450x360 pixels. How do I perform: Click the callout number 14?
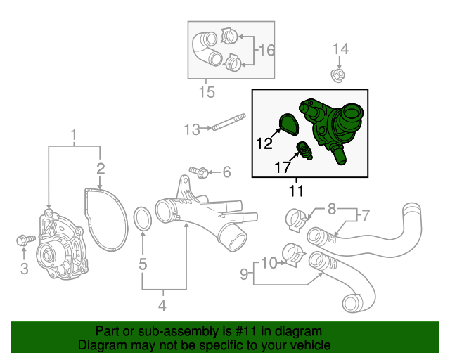click(x=340, y=49)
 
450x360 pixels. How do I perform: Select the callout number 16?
click(x=266, y=51)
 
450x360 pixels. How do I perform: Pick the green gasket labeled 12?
click(x=286, y=123)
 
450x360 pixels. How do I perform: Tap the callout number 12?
click(x=264, y=144)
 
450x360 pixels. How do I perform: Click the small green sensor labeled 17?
click(x=304, y=148)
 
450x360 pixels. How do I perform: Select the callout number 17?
click(x=281, y=168)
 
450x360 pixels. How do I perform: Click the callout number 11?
click(x=296, y=190)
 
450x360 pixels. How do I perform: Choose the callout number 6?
click(x=226, y=172)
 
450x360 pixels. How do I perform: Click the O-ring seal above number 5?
click(x=142, y=219)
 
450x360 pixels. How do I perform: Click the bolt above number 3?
click(x=22, y=241)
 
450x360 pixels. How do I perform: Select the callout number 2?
click(x=101, y=168)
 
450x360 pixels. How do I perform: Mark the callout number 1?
click(x=74, y=134)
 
